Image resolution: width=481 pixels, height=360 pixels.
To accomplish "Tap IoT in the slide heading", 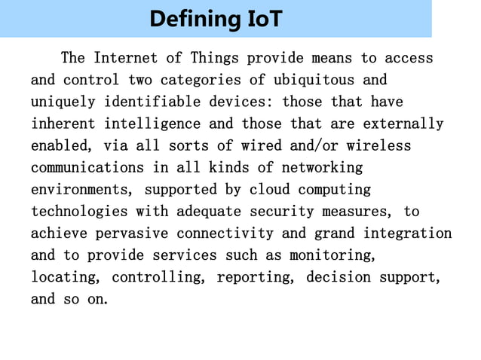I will [x=265, y=19].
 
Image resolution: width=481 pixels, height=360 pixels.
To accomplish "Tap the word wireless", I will [x=379, y=145].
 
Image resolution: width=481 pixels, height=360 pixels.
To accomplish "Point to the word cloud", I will [x=270, y=190].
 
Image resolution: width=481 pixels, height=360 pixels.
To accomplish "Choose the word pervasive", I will [x=136, y=233].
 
